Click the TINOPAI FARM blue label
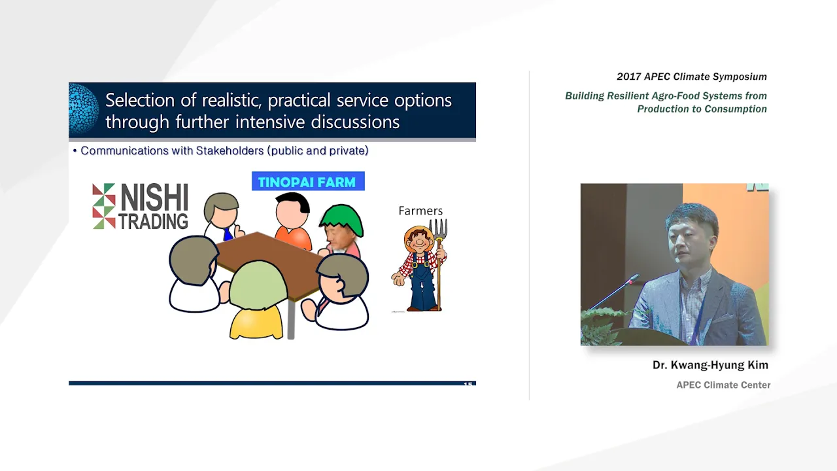(x=308, y=181)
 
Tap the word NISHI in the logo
(x=154, y=198)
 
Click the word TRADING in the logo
(x=153, y=221)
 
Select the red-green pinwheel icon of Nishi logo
(x=104, y=206)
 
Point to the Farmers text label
(x=420, y=211)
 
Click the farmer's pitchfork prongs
(x=438, y=229)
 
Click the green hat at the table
(x=341, y=220)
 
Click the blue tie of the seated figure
(x=227, y=234)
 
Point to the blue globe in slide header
(x=84, y=109)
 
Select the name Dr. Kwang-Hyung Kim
(x=710, y=365)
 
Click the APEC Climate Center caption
(x=723, y=385)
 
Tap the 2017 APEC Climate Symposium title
(x=692, y=77)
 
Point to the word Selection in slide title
(x=140, y=101)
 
